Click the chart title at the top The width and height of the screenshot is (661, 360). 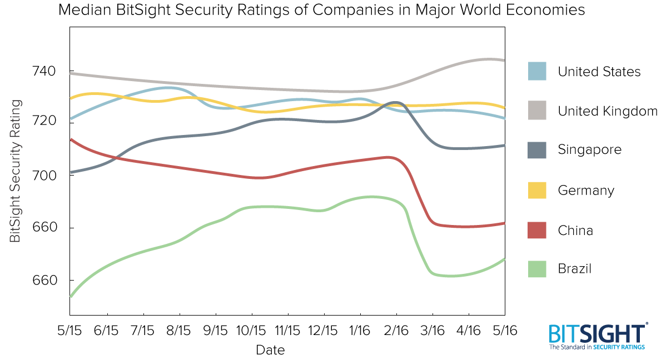[x=321, y=11]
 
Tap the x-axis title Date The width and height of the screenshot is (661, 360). [x=270, y=350]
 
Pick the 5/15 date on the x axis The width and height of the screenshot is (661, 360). [x=69, y=330]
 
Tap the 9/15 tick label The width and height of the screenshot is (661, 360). [x=215, y=330]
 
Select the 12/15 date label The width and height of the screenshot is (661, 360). [x=324, y=330]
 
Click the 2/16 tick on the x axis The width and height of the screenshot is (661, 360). [x=396, y=330]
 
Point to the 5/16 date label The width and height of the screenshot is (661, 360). [x=505, y=330]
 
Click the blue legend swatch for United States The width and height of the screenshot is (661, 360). [x=536, y=71]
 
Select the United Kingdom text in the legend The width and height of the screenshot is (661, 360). [x=608, y=111]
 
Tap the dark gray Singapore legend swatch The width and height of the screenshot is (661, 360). [x=536, y=149]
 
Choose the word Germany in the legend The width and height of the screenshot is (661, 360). [x=586, y=191]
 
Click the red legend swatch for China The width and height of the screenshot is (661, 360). [x=536, y=229]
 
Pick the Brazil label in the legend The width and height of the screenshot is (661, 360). [x=574, y=269]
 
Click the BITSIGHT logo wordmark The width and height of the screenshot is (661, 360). [x=597, y=334]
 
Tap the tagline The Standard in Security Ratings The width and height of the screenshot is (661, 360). [x=597, y=347]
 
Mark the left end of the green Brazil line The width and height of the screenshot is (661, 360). [x=71, y=296]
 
